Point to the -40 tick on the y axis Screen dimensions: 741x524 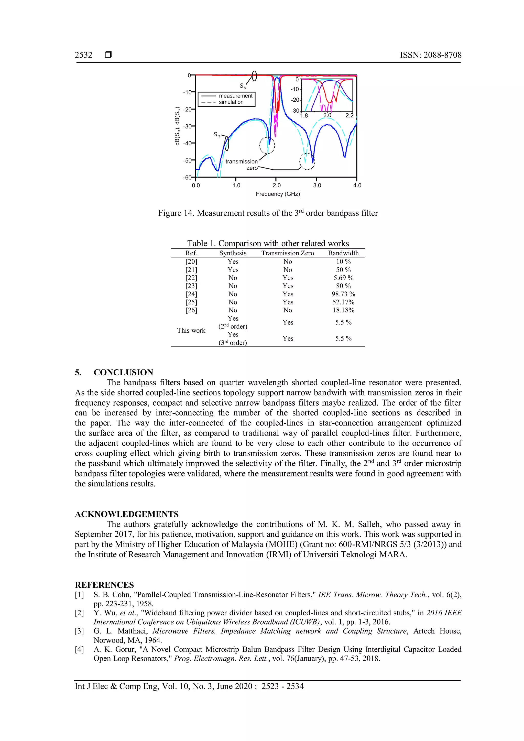pyautogui.click(x=187, y=143)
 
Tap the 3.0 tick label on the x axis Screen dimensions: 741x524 pyautogui.click(x=317, y=186)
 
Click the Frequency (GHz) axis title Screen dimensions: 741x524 pyautogui.click(x=278, y=194)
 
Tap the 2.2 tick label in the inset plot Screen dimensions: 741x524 pyautogui.click(x=350, y=116)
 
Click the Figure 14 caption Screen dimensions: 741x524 pyautogui.click(x=268, y=213)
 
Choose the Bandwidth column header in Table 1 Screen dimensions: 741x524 pyautogui.click(x=343, y=253)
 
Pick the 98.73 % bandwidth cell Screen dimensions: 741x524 pyautogui.click(x=343, y=294)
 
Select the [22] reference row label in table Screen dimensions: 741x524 pyautogui.click(x=191, y=278)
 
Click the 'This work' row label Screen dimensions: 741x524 pyautogui.click(x=191, y=331)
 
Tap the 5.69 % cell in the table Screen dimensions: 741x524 pyautogui.click(x=343, y=278)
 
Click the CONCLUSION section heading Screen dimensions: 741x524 pyautogui.click(x=123, y=373)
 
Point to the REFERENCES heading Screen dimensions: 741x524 pyautogui.click(x=104, y=585)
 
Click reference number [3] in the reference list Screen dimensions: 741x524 pyautogui.click(x=79, y=631)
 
